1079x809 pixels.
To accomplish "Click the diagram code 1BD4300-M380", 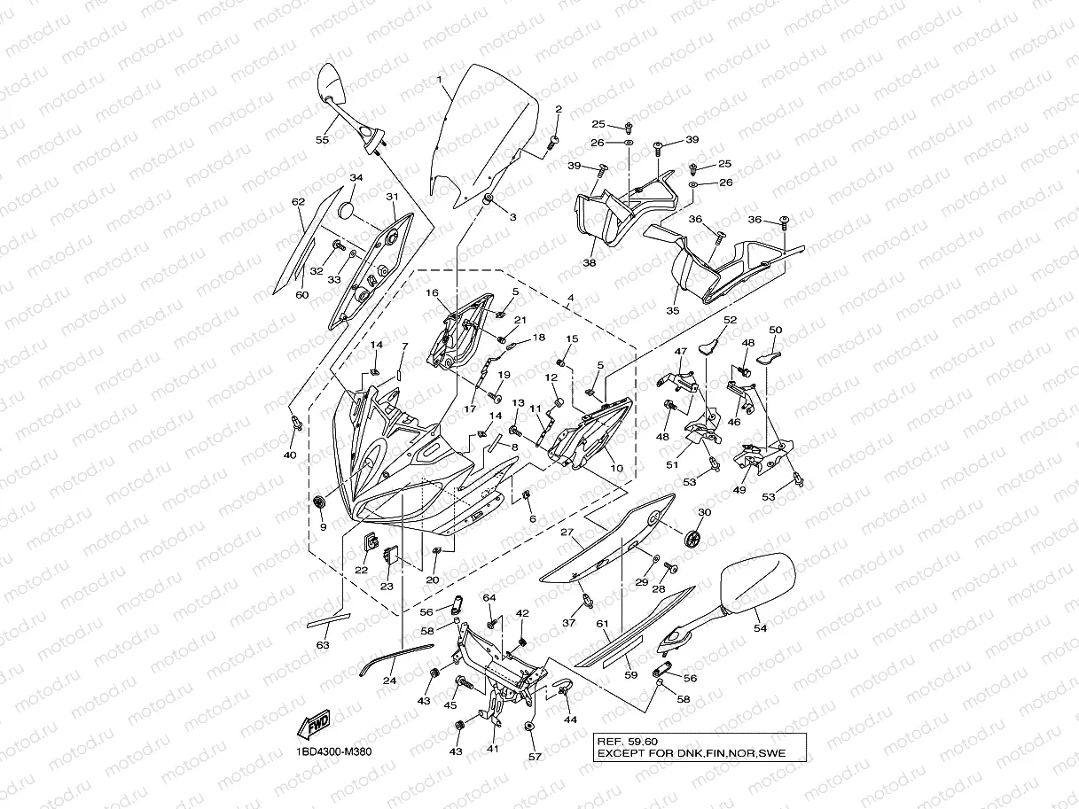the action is (x=333, y=752).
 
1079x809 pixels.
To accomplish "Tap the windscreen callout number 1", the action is (x=439, y=80).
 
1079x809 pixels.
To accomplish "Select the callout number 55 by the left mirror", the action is (x=322, y=140).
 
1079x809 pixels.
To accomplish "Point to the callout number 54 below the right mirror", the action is (x=760, y=628).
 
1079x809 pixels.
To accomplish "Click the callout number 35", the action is (x=672, y=311).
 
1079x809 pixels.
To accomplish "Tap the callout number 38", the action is (x=590, y=263).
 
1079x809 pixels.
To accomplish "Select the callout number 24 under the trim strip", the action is (x=389, y=681).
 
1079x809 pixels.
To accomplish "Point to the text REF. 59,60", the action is (x=627, y=742).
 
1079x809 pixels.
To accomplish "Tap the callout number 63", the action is (x=323, y=645).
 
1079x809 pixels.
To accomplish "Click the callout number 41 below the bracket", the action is (x=493, y=749).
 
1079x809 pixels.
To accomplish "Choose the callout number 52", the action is (x=731, y=320).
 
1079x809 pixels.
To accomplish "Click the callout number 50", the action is (x=775, y=331).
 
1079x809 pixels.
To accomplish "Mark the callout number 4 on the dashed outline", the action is (x=570, y=298).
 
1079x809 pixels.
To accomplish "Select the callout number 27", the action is (x=567, y=532).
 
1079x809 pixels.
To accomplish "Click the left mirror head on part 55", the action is (x=331, y=82).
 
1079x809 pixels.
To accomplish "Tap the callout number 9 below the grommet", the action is (x=323, y=527).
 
